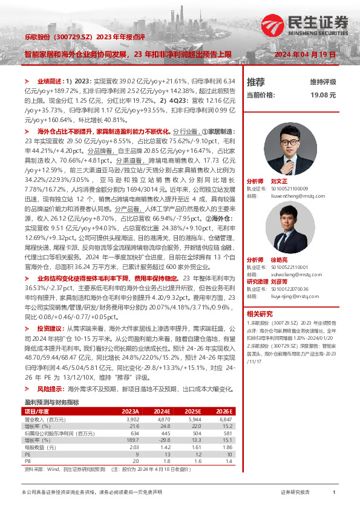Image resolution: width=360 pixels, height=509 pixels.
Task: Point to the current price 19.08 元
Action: [x=322, y=96]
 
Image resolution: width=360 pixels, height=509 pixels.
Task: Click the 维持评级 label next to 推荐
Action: [x=323, y=82]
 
